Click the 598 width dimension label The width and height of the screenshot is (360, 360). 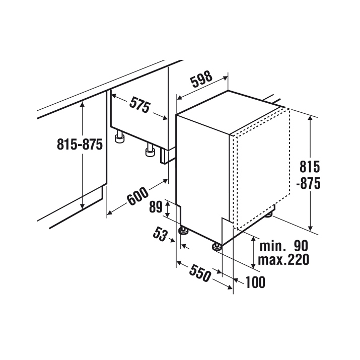(202, 79)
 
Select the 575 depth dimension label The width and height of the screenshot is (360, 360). (139, 104)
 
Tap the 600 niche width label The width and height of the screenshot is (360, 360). (138, 196)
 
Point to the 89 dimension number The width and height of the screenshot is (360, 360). (156, 207)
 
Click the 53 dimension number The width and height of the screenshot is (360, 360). (160, 234)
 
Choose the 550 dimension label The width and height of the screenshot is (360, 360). (200, 273)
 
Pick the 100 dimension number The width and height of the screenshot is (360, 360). (255, 282)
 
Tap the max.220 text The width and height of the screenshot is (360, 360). (283, 260)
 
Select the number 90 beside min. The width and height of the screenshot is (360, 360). (301, 246)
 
